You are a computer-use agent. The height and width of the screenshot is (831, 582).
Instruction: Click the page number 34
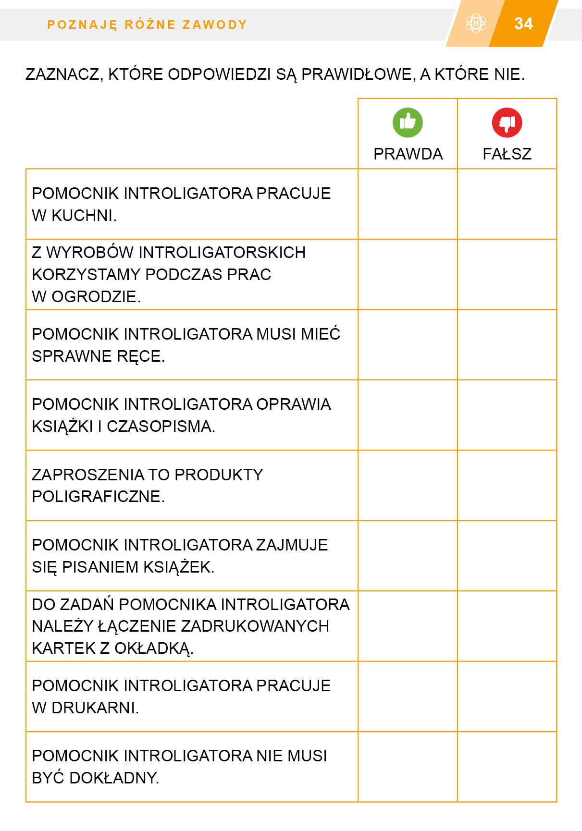523,24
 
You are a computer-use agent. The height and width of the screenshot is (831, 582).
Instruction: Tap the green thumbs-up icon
408,122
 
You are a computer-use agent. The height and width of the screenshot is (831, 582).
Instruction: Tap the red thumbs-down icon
507,122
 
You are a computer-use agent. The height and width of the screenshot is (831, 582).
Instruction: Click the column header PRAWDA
408,154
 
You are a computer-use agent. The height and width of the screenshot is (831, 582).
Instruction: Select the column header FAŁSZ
507,154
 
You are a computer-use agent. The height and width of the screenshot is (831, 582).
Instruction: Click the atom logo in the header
476,23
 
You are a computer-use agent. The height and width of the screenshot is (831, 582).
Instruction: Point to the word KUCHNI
84,216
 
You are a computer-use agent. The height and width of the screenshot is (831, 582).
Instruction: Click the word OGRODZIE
96,297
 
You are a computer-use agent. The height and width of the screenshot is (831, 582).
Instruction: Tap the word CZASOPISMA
161,427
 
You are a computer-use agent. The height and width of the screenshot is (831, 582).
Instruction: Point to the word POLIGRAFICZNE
98,497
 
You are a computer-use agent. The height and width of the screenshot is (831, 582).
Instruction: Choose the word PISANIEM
103,567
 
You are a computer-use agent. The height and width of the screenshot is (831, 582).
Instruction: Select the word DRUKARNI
95,708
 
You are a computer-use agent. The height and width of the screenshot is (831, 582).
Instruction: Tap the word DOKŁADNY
114,778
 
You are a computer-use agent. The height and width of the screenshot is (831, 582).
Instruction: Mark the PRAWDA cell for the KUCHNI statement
408,204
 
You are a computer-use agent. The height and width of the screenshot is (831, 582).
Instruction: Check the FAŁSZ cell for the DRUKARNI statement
507,697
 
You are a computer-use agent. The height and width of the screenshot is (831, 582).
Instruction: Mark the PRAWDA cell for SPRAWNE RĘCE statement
408,345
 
